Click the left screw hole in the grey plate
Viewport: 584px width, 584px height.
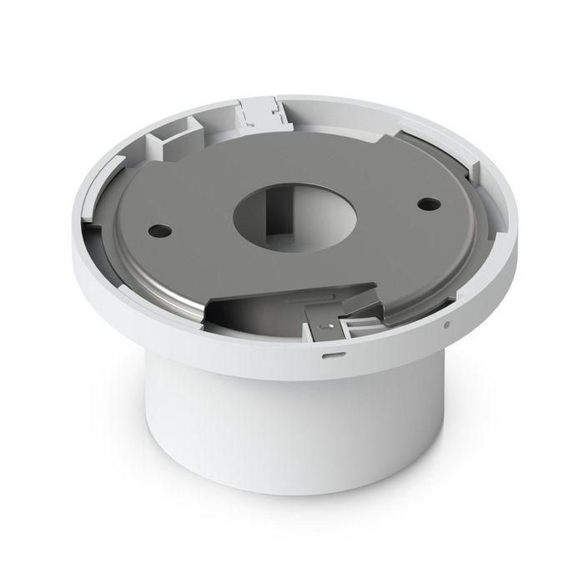click(156, 226)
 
